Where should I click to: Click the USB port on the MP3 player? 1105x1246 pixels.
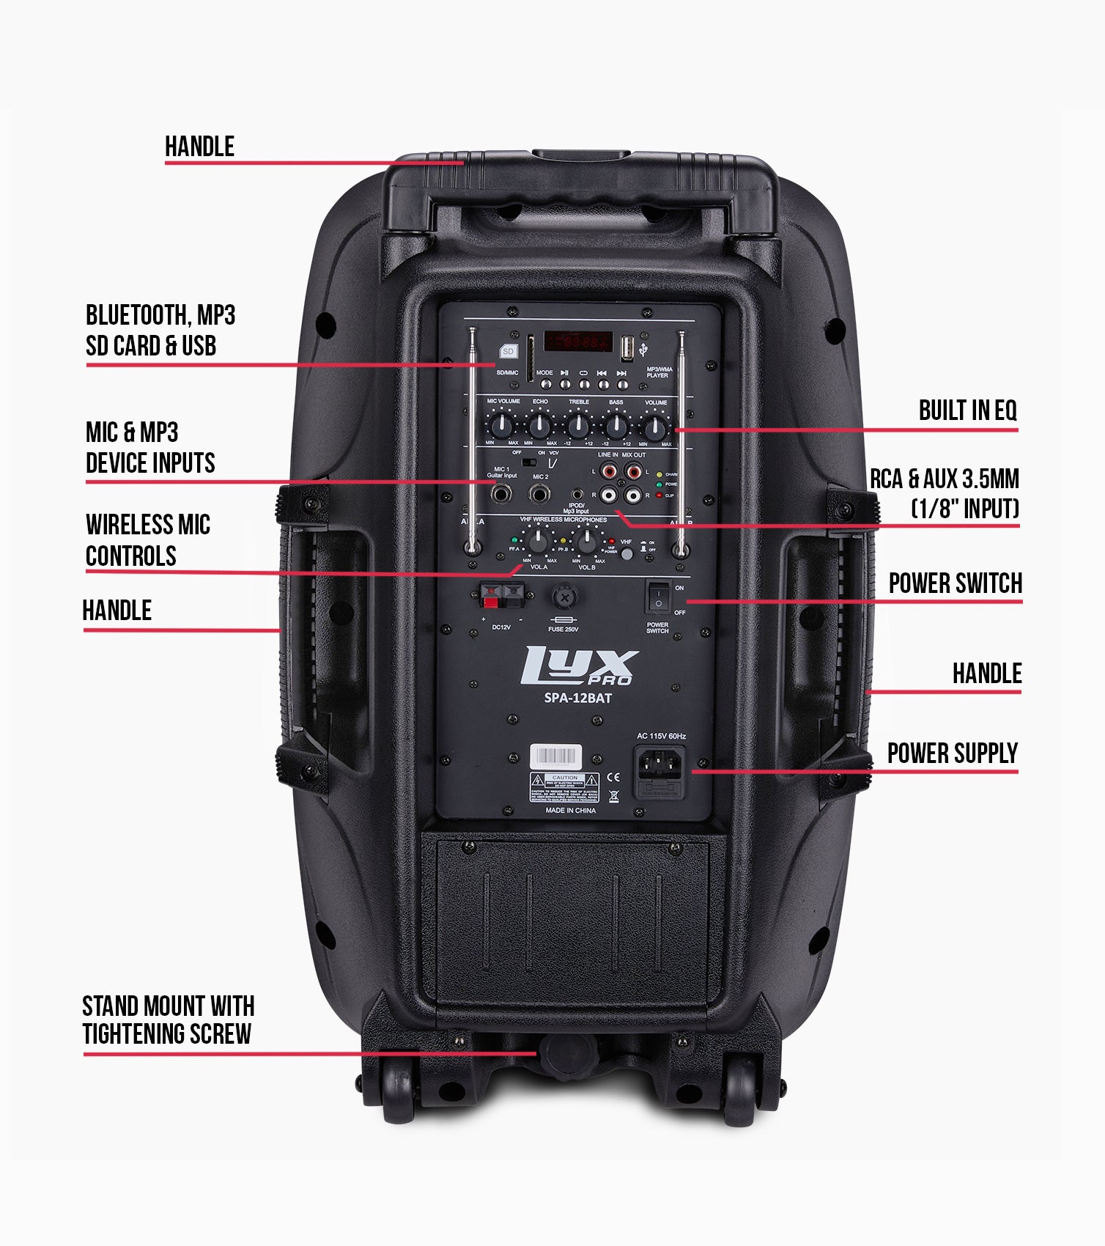click(627, 348)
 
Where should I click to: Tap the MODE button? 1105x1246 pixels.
click(544, 383)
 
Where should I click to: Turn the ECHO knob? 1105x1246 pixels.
click(540, 425)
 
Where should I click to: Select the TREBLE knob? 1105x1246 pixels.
click(578, 425)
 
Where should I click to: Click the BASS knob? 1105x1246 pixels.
click(616, 425)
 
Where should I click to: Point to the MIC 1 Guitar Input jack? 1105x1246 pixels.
click(501, 494)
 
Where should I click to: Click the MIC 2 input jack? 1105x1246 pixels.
click(541, 494)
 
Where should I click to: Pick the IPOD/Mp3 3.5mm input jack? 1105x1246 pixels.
click(578, 495)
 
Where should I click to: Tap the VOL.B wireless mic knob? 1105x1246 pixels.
click(586, 542)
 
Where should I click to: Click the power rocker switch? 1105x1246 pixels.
click(658, 597)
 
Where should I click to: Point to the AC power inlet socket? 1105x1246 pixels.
click(659, 766)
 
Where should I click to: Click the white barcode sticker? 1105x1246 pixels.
click(556, 756)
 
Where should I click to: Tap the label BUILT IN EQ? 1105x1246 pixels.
click(967, 411)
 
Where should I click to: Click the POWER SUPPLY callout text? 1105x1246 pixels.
click(952, 753)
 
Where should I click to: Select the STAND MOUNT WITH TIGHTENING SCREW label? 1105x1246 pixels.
click(168, 1020)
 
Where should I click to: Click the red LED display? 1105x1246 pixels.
click(577, 342)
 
